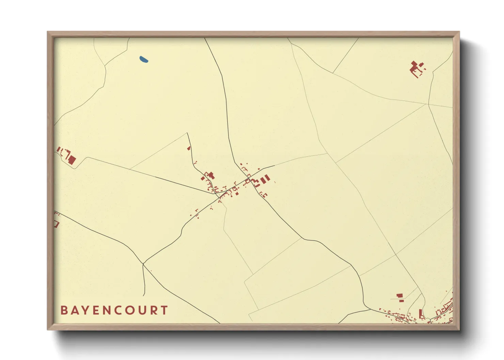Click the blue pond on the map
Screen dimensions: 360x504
144,60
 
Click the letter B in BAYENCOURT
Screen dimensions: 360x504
64,310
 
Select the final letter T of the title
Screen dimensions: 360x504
164,310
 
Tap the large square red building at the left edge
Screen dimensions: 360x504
72,160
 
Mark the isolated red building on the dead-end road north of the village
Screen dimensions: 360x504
189,148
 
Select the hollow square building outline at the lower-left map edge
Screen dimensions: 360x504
56,224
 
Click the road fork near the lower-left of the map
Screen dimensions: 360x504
143,263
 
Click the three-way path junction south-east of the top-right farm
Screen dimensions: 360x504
427,104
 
